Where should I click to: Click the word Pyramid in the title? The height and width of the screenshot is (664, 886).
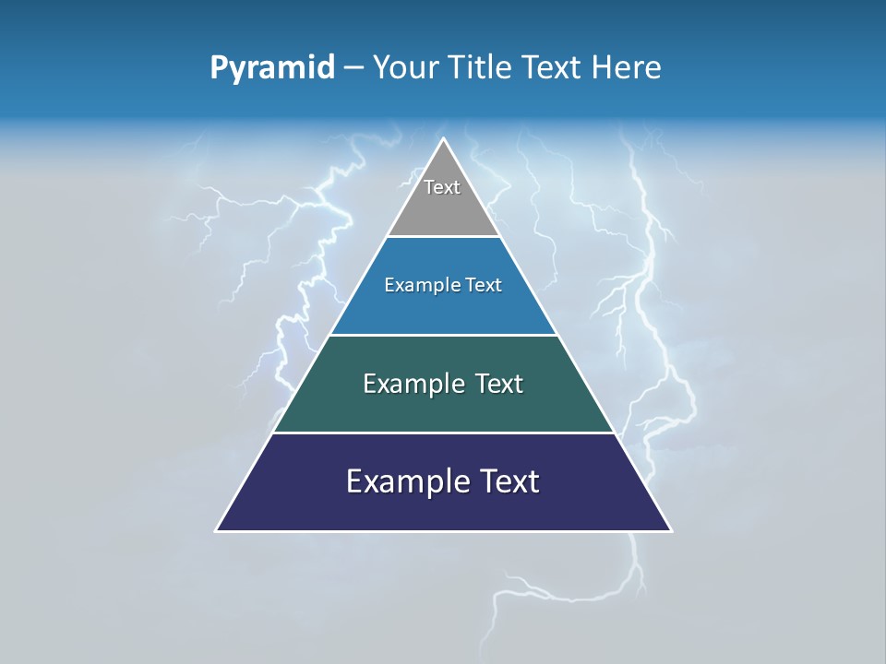[272, 68]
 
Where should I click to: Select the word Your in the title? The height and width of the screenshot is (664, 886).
[402, 68]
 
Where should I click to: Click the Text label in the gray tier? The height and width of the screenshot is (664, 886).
[442, 187]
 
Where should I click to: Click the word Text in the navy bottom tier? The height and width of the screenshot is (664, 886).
[508, 481]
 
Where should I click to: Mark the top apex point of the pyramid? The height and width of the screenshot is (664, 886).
[444, 139]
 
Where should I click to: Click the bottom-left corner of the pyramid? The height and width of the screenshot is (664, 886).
[217, 530]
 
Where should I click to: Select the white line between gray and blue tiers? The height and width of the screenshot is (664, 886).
[444, 237]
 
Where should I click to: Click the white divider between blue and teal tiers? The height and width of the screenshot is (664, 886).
[444, 335]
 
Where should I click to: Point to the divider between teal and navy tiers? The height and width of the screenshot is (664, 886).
[444, 433]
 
